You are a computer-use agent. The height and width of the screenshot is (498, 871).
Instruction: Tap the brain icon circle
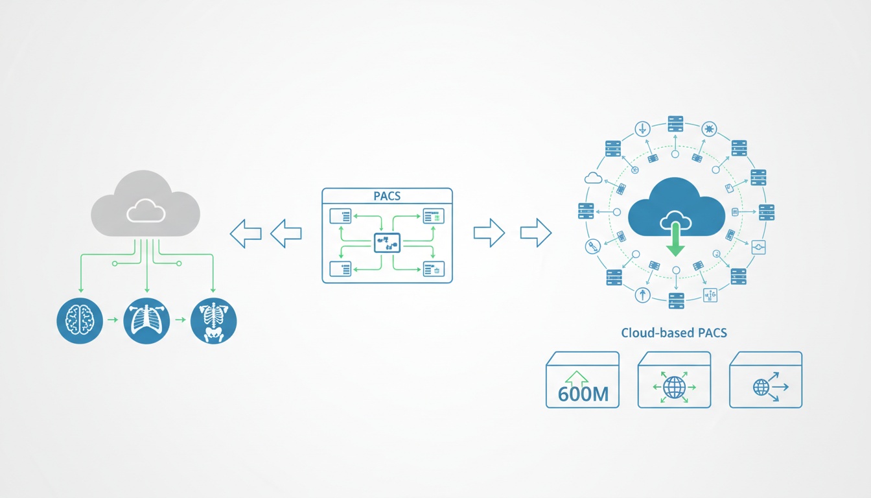click(80, 321)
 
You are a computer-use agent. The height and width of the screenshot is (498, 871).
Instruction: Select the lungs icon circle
click(146, 321)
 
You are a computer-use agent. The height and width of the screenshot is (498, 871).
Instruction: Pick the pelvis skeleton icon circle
click(214, 321)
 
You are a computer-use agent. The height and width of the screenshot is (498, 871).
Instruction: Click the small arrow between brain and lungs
click(113, 320)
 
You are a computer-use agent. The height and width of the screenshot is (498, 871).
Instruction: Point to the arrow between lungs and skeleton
click(180, 320)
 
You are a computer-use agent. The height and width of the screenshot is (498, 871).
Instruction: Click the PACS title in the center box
click(387, 196)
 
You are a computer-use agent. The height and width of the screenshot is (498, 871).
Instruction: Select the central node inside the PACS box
click(387, 243)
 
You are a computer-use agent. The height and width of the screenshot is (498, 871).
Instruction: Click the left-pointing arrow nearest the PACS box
click(286, 233)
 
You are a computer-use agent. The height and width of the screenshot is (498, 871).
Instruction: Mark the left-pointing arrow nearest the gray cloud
click(246, 233)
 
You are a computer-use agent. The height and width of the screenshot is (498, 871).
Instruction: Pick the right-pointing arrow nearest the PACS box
click(489, 233)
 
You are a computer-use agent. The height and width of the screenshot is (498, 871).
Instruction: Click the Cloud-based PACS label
click(674, 333)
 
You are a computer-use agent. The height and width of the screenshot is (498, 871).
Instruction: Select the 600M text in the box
click(583, 394)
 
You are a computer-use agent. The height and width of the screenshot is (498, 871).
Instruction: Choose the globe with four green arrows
click(674, 387)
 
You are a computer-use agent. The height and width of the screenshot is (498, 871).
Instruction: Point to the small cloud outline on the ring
click(594, 177)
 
